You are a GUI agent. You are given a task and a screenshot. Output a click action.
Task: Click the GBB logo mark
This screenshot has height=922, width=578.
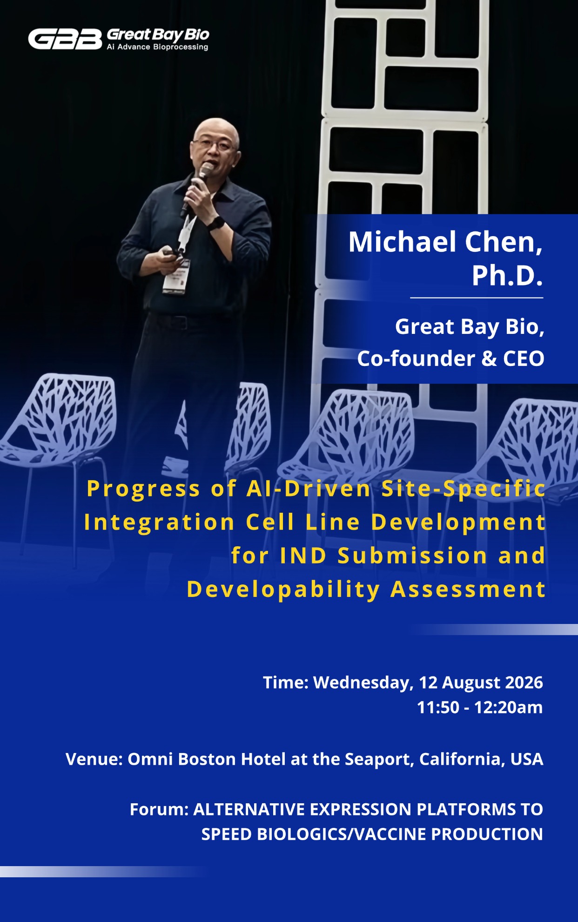[65, 39]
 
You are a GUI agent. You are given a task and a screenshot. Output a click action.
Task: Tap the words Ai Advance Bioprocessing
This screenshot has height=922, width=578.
[157, 47]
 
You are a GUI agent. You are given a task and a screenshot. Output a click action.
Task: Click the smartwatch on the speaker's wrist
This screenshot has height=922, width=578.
[215, 223]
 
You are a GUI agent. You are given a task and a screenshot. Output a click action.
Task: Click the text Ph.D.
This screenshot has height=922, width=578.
[507, 276]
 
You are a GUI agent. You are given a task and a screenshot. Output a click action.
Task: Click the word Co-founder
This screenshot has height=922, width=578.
[416, 359]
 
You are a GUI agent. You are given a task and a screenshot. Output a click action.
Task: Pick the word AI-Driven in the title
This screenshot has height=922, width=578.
[309, 488]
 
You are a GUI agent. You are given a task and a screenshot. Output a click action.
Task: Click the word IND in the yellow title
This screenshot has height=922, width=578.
[303, 556]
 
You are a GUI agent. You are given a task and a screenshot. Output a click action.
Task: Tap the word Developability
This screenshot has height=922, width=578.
[283, 590]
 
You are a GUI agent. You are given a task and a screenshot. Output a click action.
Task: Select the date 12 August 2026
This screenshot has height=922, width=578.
[481, 683]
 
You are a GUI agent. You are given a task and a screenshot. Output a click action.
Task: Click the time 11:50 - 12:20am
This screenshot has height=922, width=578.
[480, 708]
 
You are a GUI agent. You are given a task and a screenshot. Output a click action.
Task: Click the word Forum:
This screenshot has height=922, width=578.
[159, 809]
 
